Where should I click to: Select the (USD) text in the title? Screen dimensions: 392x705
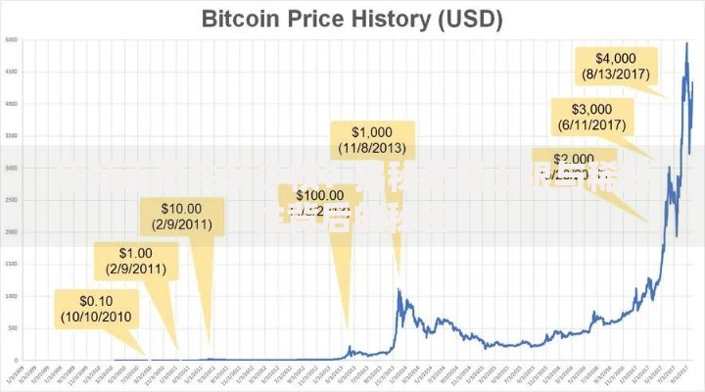(466, 19)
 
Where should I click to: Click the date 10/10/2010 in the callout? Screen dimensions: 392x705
(97, 317)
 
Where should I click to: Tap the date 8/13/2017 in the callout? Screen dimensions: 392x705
(619, 73)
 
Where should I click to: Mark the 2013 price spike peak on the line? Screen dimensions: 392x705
(399, 289)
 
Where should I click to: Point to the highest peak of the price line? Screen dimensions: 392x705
(685, 42)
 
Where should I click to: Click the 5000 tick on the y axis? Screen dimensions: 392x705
(10, 40)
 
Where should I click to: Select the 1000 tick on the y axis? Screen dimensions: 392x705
(10, 295)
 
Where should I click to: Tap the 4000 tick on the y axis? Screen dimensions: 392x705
(10, 104)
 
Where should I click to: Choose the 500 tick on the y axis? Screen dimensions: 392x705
(11, 326)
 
